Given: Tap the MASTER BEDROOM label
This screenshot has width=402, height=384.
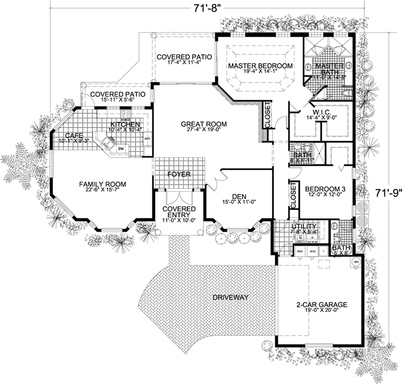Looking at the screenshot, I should pyautogui.click(x=260, y=66).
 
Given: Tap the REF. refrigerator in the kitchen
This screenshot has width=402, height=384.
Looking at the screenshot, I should pyautogui.click(x=147, y=139).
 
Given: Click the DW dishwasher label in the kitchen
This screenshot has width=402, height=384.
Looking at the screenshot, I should pyautogui.click(x=120, y=150).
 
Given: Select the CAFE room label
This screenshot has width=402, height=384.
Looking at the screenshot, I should pyautogui.click(x=74, y=135).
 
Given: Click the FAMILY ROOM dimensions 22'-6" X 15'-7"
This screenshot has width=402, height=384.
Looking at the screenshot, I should pyautogui.click(x=102, y=191).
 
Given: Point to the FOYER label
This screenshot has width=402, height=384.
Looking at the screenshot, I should pyautogui.click(x=179, y=174).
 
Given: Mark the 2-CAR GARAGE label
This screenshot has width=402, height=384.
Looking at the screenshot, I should pyautogui.click(x=322, y=305).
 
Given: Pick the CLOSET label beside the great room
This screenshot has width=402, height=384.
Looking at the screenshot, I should pyautogui.click(x=267, y=115).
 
